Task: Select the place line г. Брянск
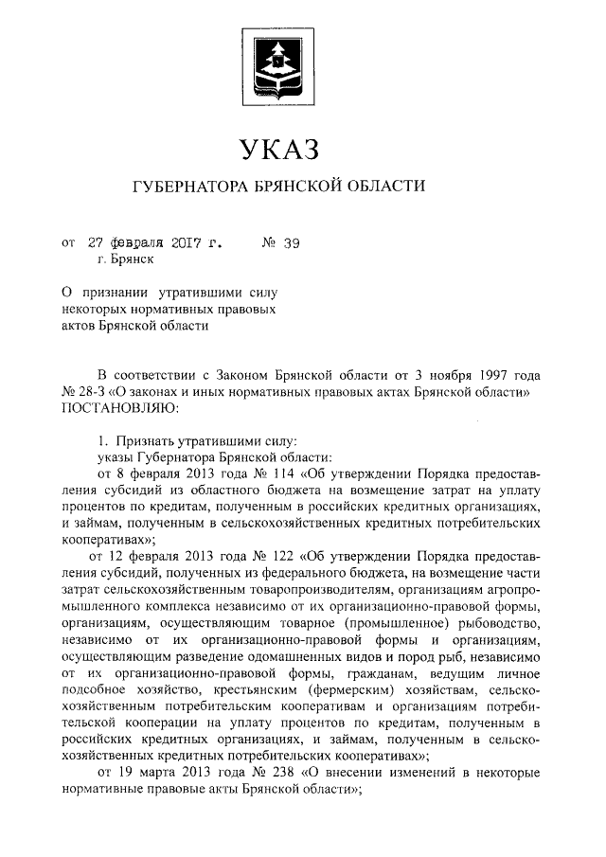[x=124, y=258]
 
